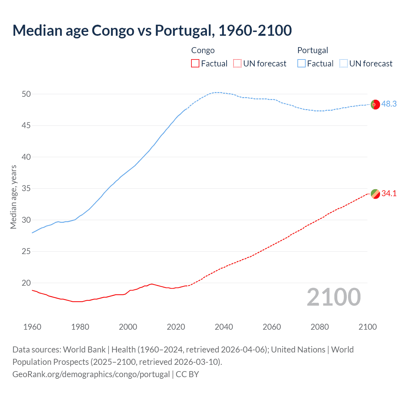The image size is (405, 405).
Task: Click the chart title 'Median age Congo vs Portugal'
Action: [x=152, y=31]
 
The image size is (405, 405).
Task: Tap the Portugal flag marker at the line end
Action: [x=375, y=104]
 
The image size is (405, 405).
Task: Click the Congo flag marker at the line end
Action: [x=375, y=194]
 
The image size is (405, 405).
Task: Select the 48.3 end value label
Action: [x=389, y=104]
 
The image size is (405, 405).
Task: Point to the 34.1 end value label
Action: [x=389, y=193]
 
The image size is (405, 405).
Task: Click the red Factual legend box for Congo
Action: [x=195, y=64]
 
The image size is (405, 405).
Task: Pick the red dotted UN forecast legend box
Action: [x=237, y=64]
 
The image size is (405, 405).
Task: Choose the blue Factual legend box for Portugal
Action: [x=302, y=64]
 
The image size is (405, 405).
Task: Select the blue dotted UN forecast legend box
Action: [x=344, y=64]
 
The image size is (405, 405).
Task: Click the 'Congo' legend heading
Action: [x=203, y=50]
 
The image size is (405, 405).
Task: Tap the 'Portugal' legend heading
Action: [x=313, y=50]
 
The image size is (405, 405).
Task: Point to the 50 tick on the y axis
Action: [x=26, y=94]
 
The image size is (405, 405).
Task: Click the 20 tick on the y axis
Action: [x=26, y=283]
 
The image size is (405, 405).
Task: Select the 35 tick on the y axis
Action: [x=26, y=189]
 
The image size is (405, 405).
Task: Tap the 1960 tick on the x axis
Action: [x=32, y=327]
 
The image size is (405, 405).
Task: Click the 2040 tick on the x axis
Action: [x=224, y=327]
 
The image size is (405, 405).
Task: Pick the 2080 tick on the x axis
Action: [x=320, y=327]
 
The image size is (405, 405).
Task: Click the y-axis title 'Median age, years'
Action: [x=13, y=197]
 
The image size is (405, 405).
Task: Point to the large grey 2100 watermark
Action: [x=333, y=297]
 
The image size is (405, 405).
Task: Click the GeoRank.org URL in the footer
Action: [x=91, y=374]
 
